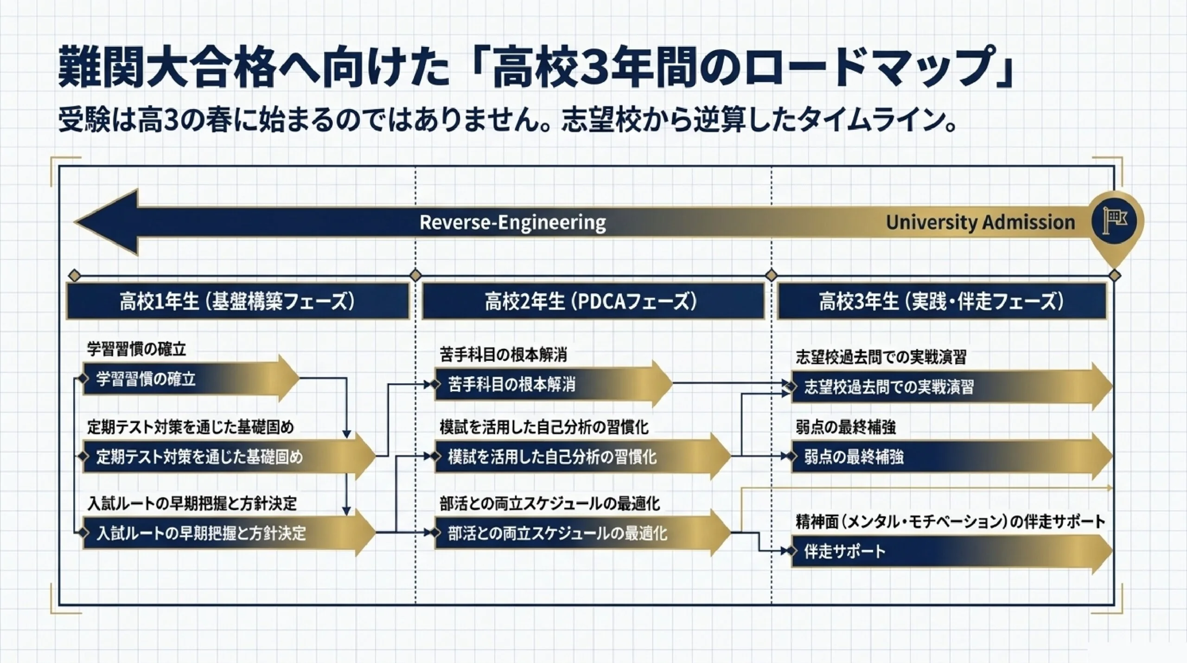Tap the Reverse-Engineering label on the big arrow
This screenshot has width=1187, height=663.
tap(512, 222)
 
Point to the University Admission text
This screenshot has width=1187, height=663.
tap(981, 222)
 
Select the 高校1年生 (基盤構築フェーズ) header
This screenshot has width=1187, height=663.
tap(237, 302)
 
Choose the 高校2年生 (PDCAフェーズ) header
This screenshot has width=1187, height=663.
tap(593, 302)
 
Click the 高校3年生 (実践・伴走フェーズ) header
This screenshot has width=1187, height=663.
tap(941, 302)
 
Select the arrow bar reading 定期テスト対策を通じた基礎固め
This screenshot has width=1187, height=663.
tap(229, 456)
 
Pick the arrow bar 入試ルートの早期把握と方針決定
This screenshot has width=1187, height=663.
tap(229, 533)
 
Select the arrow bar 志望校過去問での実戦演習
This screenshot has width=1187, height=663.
tap(951, 386)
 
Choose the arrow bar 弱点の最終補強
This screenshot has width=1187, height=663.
tap(951, 457)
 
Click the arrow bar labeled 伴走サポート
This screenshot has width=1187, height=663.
tap(951, 551)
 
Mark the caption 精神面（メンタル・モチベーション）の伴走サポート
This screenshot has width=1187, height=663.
tap(951, 521)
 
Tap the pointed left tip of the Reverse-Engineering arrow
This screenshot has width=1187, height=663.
tap(75, 222)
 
